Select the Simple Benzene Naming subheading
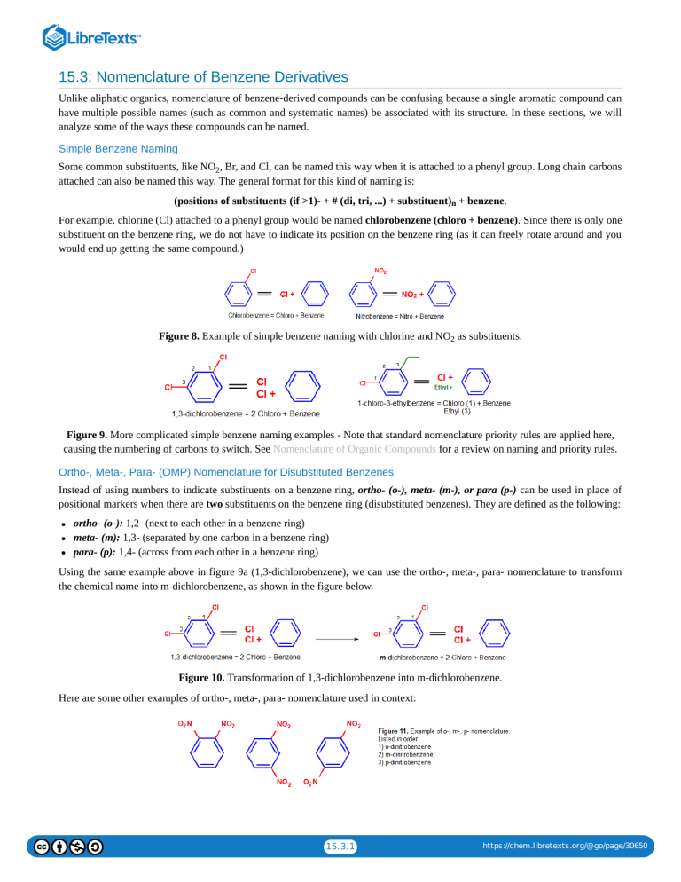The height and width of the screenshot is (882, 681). coord(118,148)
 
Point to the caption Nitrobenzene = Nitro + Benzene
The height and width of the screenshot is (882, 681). coord(400,316)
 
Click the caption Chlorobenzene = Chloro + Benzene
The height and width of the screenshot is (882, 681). coord(276,316)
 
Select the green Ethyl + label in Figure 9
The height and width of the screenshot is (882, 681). coord(443,387)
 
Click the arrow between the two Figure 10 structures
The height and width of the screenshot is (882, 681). coord(332,635)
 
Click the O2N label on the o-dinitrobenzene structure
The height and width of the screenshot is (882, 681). coord(186,724)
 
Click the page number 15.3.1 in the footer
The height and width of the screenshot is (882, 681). coord(340,847)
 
